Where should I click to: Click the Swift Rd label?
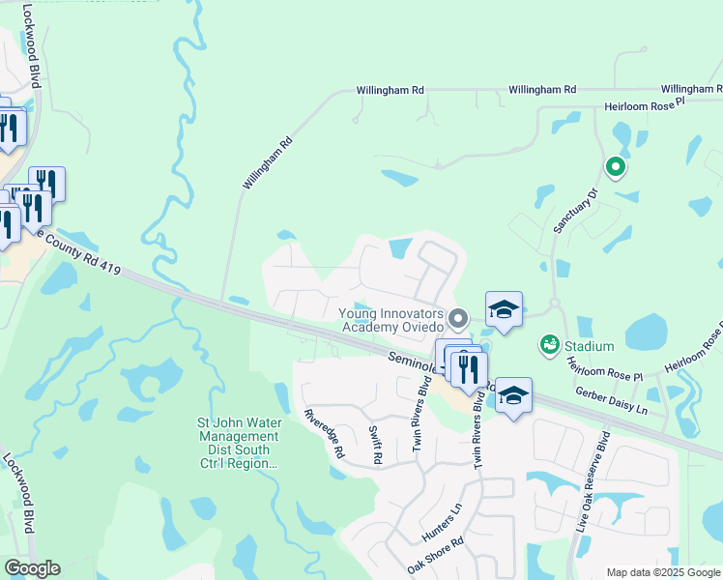(375, 444)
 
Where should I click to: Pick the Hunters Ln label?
(443, 520)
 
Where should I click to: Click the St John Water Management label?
(238, 443)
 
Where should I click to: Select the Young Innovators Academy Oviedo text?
(391, 319)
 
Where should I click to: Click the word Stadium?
(590, 346)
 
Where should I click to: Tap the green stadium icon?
(549, 344)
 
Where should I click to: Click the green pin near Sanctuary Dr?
(614, 168)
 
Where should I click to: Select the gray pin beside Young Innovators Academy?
(460, 317)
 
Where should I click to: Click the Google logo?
(32, 568)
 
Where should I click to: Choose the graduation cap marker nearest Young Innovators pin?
(504, 310)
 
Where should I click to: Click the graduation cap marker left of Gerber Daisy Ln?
(514, 395)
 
